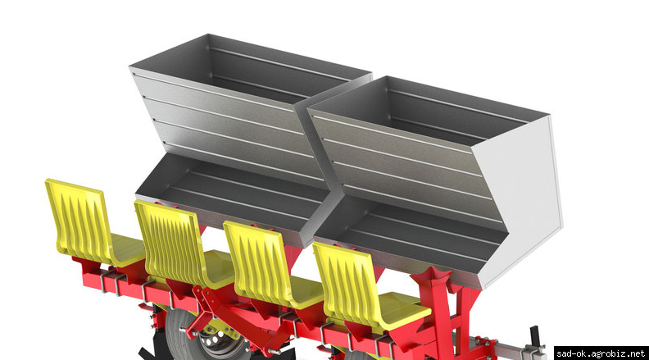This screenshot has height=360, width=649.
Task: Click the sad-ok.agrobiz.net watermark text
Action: tap(601, 353)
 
